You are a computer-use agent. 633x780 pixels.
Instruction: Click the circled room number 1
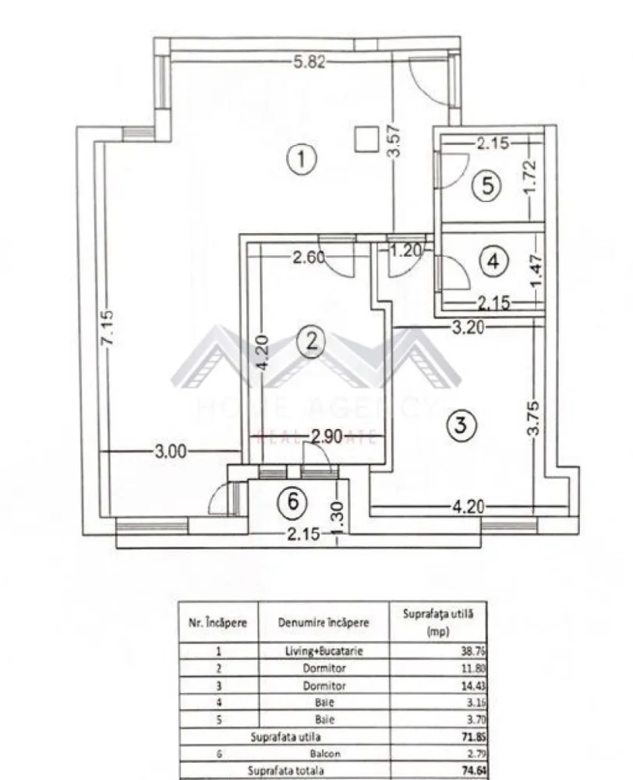pos(301,160)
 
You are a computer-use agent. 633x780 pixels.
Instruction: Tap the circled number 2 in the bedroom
pos(311,340)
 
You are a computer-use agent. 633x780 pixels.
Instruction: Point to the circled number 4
pos(492,261)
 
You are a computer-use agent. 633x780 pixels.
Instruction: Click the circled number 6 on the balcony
pos(292,502)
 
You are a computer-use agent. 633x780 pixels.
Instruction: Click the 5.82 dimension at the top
pos(309,62)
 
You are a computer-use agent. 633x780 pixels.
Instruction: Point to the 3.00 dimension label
pos(171,451)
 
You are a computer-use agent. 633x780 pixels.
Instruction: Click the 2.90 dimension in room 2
pos(327,438)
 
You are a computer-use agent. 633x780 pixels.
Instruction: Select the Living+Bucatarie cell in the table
pos(324,651)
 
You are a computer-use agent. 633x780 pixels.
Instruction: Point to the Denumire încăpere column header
pos(324,622)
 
